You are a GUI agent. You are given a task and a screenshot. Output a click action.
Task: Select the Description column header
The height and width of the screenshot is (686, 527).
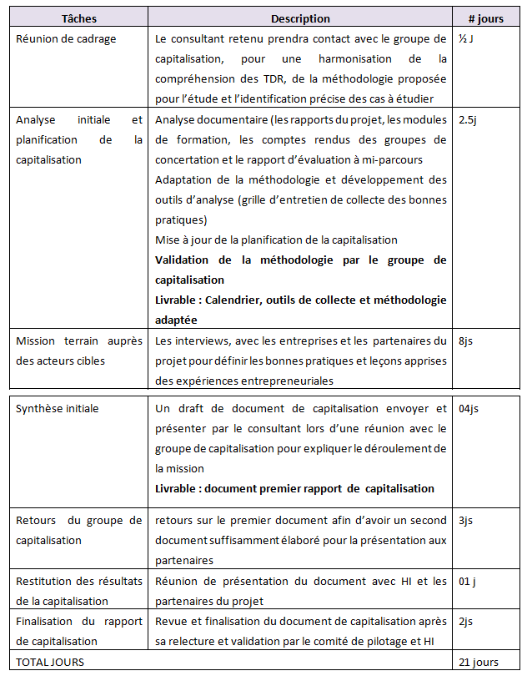(300, 18)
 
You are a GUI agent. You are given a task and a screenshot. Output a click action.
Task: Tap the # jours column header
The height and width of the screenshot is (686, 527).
(484, 18)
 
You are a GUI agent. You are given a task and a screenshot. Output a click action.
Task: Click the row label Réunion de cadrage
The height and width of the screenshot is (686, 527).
(66, 38)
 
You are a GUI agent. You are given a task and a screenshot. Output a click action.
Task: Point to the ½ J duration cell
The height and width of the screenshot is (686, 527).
(466, 38)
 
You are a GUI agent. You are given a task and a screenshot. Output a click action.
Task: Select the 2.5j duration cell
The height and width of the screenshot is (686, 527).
(469, 119)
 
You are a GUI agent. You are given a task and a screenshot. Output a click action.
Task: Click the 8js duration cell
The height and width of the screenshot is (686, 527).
(467, 340)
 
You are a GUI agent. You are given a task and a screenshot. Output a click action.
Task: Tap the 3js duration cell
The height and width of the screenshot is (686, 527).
(467, 521)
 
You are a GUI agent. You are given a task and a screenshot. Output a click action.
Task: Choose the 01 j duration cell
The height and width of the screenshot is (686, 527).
(469, 581)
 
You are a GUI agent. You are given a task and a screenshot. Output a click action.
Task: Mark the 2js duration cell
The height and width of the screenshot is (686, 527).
(467, 621)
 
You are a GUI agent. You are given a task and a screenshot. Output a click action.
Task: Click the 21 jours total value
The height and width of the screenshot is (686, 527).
(479, 662)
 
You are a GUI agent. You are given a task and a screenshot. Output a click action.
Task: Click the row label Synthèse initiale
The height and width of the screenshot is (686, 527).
(57, 408)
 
